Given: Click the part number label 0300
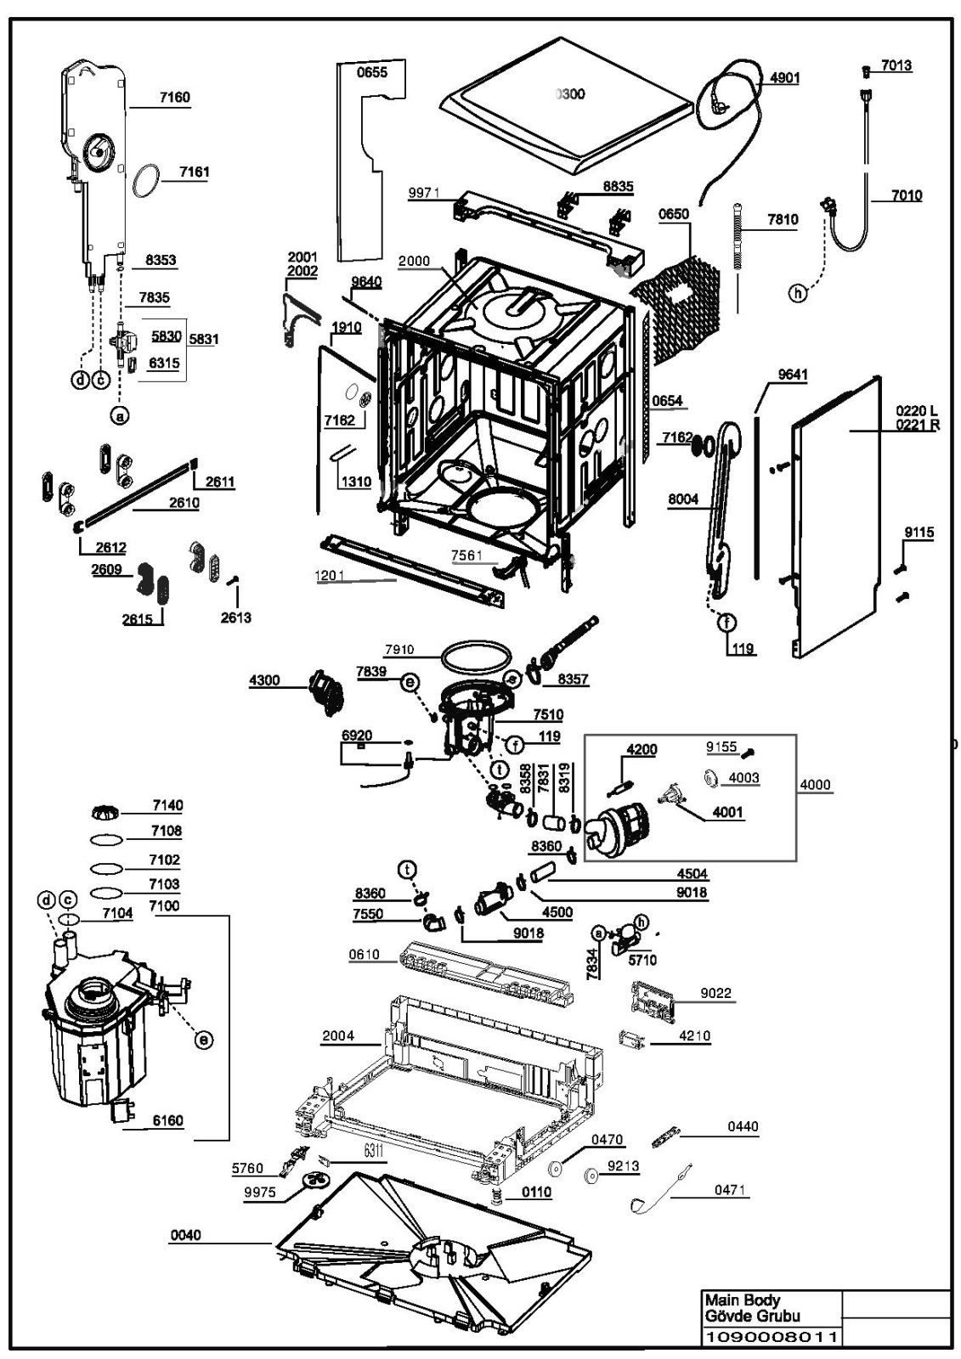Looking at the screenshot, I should (570, 94).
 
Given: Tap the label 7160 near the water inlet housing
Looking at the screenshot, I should (174, 97).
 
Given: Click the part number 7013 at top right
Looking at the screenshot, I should (896, 65).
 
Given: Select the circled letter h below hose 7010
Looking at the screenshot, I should (797, 293).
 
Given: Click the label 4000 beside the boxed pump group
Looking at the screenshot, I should (816, 785).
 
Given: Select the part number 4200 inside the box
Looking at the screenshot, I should (642, 749).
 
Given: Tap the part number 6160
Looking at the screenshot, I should (167, 1120).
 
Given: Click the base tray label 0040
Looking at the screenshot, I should (185, 1235).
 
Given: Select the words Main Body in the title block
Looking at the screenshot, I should (741, 1300).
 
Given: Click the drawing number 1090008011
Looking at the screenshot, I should (771, 1337).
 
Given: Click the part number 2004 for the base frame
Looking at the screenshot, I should (338, 1035).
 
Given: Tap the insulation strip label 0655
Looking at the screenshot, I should (371, 72).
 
